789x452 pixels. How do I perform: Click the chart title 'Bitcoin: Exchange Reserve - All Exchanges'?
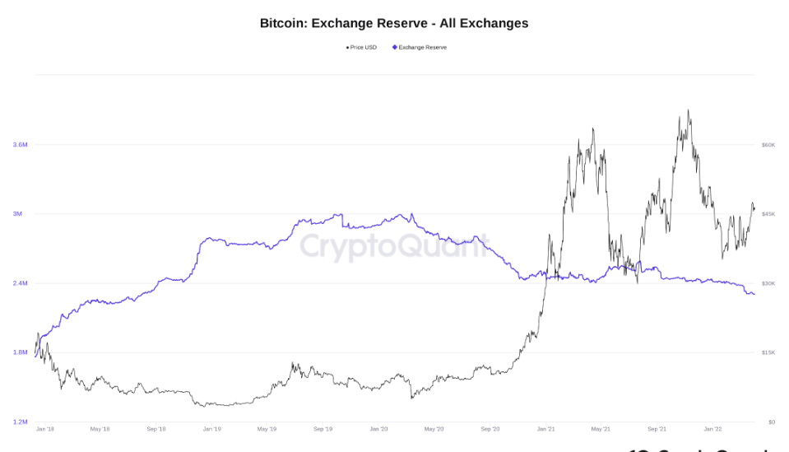pos(394,23)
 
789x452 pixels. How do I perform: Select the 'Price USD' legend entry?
pos(363,48)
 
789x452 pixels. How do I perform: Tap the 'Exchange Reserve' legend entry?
pos(421,48)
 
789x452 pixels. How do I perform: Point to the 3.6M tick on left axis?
pos(20,145)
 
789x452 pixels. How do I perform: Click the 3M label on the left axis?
pos(17,214)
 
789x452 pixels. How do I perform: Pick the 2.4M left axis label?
pos(20,283)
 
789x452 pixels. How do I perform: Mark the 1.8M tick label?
pos(20,352)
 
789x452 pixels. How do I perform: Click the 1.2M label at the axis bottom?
pos(20,422)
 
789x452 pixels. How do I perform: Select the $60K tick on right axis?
pos(768,145)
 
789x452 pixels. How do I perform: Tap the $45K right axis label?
pos(768,214)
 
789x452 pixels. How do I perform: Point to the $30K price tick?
pos(768,283)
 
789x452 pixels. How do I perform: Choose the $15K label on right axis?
pos(768,352)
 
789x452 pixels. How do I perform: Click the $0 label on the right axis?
pos(771,422)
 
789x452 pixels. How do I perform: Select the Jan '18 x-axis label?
pos(45,429)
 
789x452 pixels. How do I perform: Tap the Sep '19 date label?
pos(323,429)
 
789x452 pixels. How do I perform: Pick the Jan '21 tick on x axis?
pos(545,429)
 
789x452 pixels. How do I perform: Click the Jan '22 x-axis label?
pos(712,429)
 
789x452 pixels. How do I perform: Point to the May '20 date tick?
pos(434,429)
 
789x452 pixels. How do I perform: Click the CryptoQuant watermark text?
pos(393,245)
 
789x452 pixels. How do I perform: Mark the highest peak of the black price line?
pos(688,110)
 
